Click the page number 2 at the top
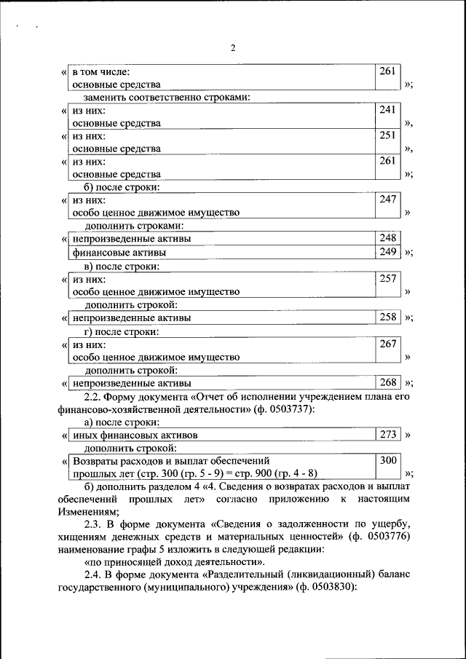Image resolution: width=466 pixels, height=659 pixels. (233, 48)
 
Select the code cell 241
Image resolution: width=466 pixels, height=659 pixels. (387, 110)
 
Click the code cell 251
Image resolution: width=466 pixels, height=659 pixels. (387, 135)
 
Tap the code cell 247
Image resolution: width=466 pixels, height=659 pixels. (387, 199)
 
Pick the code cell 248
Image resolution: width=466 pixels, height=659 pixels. (387, 238)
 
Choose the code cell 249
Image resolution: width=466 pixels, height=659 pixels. (387, 252)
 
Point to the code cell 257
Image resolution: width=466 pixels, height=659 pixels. (387, 278)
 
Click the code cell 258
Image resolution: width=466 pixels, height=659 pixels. (387, 317)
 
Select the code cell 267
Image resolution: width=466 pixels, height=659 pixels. (387, 344)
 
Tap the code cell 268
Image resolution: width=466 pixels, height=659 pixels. (387, 382)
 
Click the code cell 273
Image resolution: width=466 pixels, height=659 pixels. (387, 434)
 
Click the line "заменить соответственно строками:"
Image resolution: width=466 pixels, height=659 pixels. (167, 97)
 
